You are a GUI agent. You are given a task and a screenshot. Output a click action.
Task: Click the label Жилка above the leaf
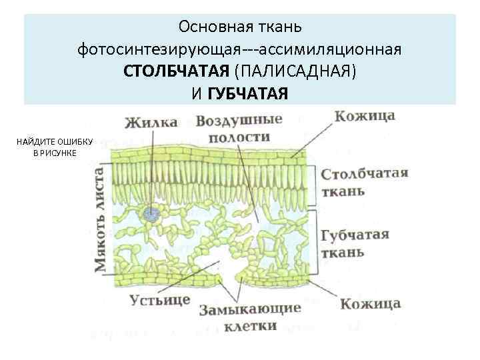pos(151,122)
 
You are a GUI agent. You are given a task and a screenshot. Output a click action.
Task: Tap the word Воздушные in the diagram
pos(239,121)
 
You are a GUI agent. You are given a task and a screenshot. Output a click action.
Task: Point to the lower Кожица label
pos(370,304)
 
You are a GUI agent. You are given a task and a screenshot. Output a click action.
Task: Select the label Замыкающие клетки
pos(250,317)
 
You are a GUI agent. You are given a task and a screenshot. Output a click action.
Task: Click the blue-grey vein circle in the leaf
pos(152,214)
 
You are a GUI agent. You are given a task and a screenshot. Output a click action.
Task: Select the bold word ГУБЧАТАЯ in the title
pos(248,93)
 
